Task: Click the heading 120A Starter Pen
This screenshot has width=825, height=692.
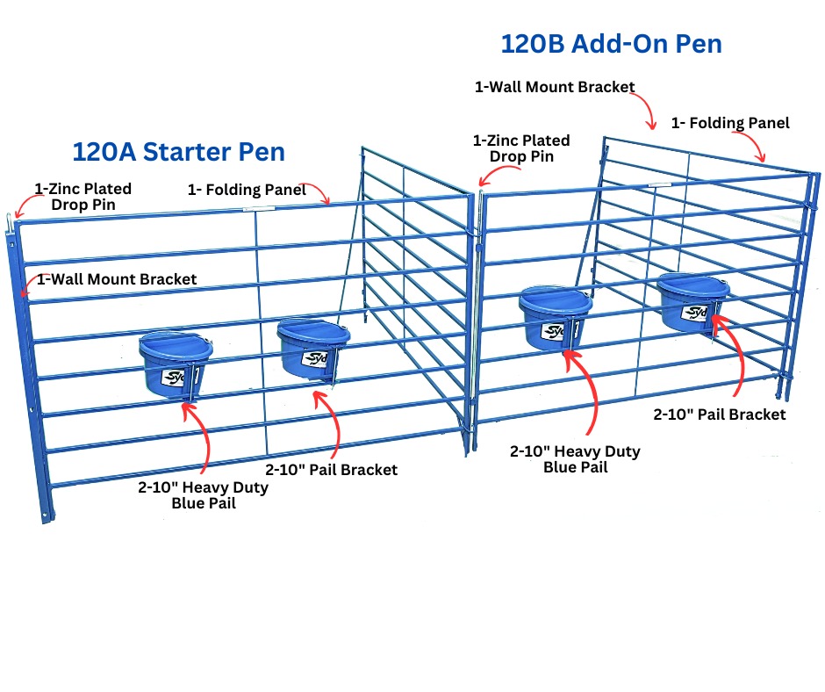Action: pyautogui.click(x=178, y=151)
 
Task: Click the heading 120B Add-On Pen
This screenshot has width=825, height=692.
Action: pyautogui.click(x=611, y=43)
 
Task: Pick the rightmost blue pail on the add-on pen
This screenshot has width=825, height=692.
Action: pyautogui.click(x=693, y=302)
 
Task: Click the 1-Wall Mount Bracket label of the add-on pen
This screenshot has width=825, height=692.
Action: pyautogui.click(x=555, y=87)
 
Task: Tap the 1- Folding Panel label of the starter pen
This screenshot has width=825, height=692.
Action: pyautogui.click(x=247, y=189)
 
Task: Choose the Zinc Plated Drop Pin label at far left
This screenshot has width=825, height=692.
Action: pyautogui.click(x=82, y=197)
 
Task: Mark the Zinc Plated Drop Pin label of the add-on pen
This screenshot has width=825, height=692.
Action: pyautogui.click(x=520, y=148)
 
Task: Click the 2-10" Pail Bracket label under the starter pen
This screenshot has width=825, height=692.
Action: pyautogui.click(x=332, y=470)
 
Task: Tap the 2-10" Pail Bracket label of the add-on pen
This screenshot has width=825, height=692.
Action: pyautogui.click(x=720, y=414)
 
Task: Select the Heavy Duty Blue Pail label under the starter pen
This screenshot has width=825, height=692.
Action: pyautogui.click(x=203, y=495)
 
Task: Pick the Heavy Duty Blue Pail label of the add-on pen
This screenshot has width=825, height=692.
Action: pyautogui.click(x=575, y=459)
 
